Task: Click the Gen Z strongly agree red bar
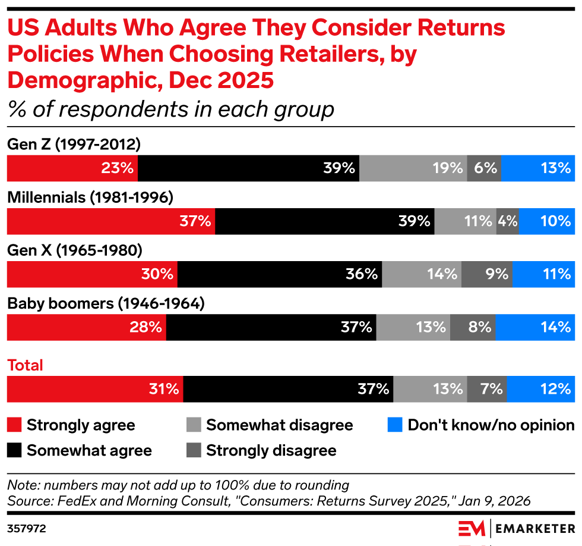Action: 72,168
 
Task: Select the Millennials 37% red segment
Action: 110,221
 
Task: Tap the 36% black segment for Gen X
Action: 279,274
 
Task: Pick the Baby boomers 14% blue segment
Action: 534,327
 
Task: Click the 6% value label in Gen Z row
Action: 485,168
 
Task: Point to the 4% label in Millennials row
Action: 507,221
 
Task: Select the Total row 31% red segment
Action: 95,389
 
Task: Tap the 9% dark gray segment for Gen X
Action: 486,274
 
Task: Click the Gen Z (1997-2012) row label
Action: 74,145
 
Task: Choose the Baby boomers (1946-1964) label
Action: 106,304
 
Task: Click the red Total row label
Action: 25,365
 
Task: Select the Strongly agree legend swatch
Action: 14,425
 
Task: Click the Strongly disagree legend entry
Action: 271,451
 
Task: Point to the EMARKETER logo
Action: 517,528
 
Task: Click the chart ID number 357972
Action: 27,528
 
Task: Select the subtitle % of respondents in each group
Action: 170,109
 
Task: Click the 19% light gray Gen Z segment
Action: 413,168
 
